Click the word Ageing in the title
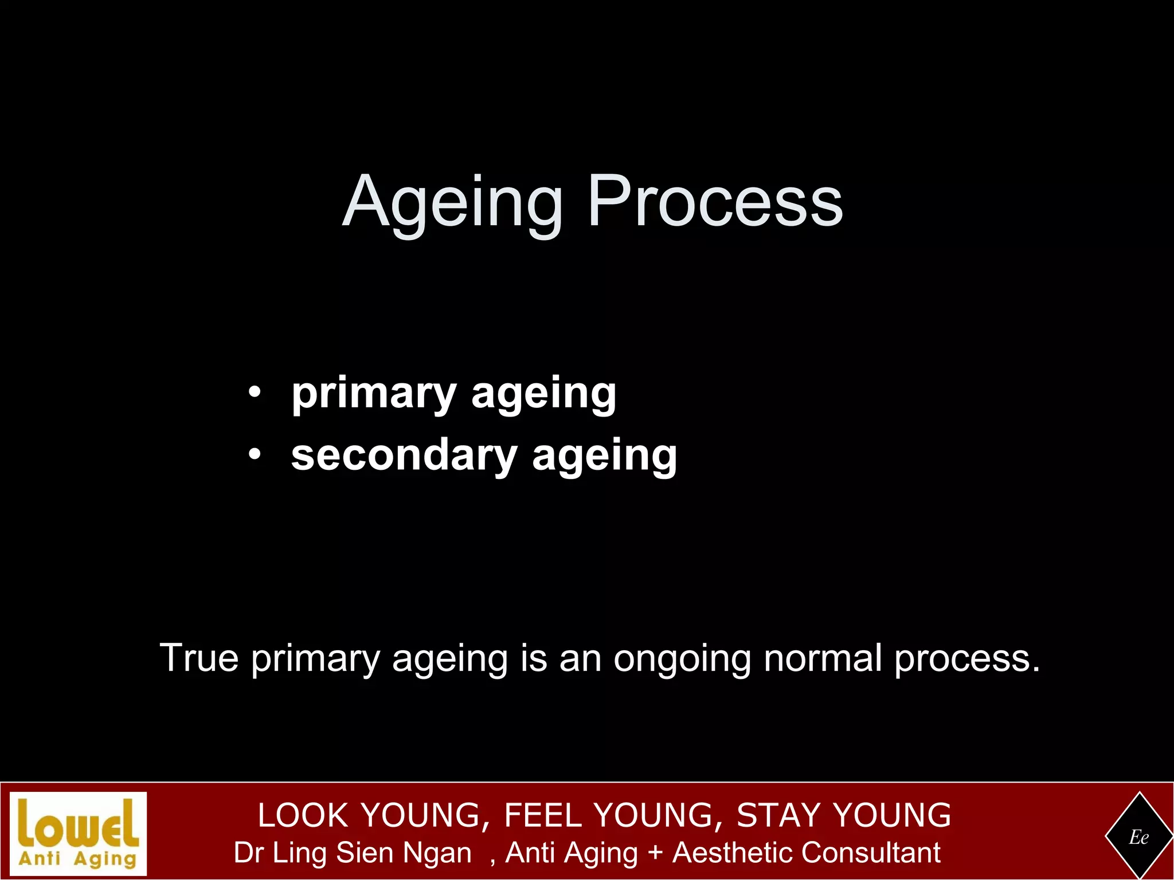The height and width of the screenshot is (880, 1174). pyautogui.click(x=453, y=203)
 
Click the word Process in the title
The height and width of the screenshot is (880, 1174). pyautogui.click(x=715, y=202)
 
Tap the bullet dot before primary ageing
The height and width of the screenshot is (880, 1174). pyautogui.click(x=255, y=393)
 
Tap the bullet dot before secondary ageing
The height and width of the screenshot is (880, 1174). pyautogui.click(x=255, y=455)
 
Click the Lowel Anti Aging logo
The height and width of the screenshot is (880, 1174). pyautogui.click(x=79, y=834)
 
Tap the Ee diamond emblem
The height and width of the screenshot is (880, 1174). pyautogui.click(x=1138, y=837)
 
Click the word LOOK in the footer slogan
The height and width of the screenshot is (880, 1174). pyautogui.click(x=303, y=815)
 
